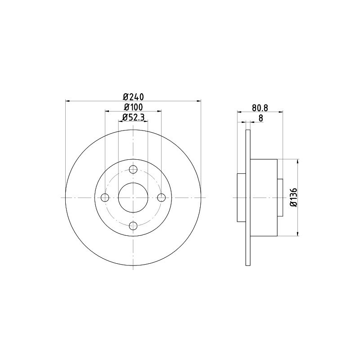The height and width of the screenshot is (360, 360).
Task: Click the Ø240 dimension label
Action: click(x=133, y=97)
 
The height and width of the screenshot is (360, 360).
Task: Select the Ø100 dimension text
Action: click(x=133, y=107)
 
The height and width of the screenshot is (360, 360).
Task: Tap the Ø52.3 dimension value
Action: click(x=133, y=117)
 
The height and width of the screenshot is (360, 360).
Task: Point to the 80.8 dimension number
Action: click(x=260, y=108)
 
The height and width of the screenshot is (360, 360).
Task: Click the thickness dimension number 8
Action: click(x=261, y=118)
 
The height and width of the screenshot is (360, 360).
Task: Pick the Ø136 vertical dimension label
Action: click(x=294, y=198)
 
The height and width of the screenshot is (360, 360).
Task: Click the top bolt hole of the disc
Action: click(x=133, y=170)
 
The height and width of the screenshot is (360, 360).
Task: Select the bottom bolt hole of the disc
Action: click(x=133, y=226)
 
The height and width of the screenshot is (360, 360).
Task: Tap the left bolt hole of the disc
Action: click(x=105, y=198)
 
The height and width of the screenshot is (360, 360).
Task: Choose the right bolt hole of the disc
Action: click(x=162, y=198)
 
